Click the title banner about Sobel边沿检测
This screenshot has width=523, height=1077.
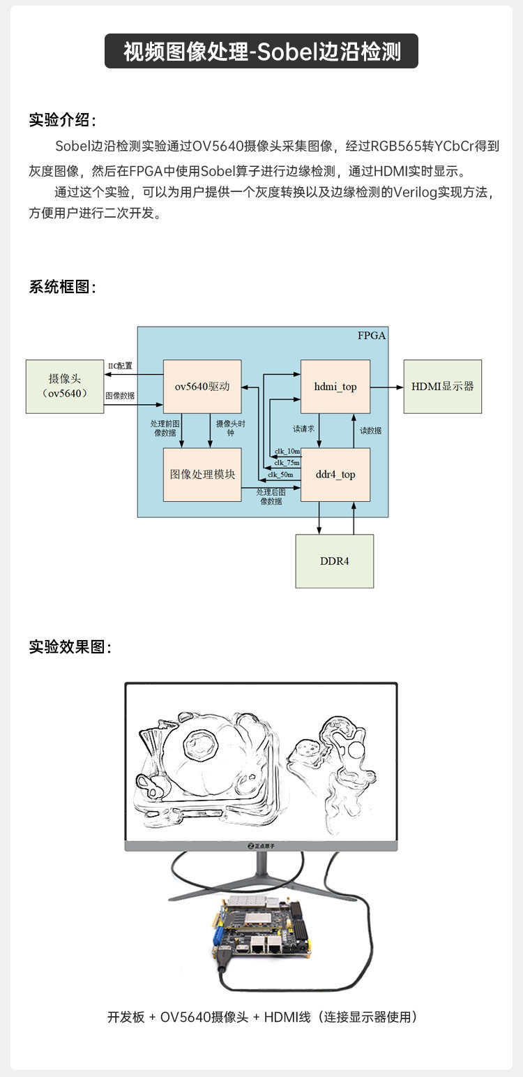click(261, 51)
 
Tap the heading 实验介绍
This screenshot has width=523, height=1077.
click(62, 119)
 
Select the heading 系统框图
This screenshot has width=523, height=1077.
click(62, 287)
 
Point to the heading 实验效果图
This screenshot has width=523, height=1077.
click(70, 646)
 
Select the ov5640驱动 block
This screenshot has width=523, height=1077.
click(202, 387)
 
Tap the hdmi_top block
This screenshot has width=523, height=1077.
click(335, 387)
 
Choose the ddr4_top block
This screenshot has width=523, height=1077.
click(335, 475)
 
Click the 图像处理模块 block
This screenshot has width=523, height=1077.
click(202, 475)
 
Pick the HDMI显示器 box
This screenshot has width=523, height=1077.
click(442, 387)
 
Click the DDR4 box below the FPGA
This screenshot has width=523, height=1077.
click(335, 561)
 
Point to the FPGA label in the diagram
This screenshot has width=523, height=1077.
click(371, 336)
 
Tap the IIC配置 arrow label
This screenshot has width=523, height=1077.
click(120, 366)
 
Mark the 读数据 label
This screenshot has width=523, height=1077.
click(370, 431)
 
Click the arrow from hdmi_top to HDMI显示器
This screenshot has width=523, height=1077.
click(386, 387)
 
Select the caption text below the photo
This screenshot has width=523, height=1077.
click(261, 1016)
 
